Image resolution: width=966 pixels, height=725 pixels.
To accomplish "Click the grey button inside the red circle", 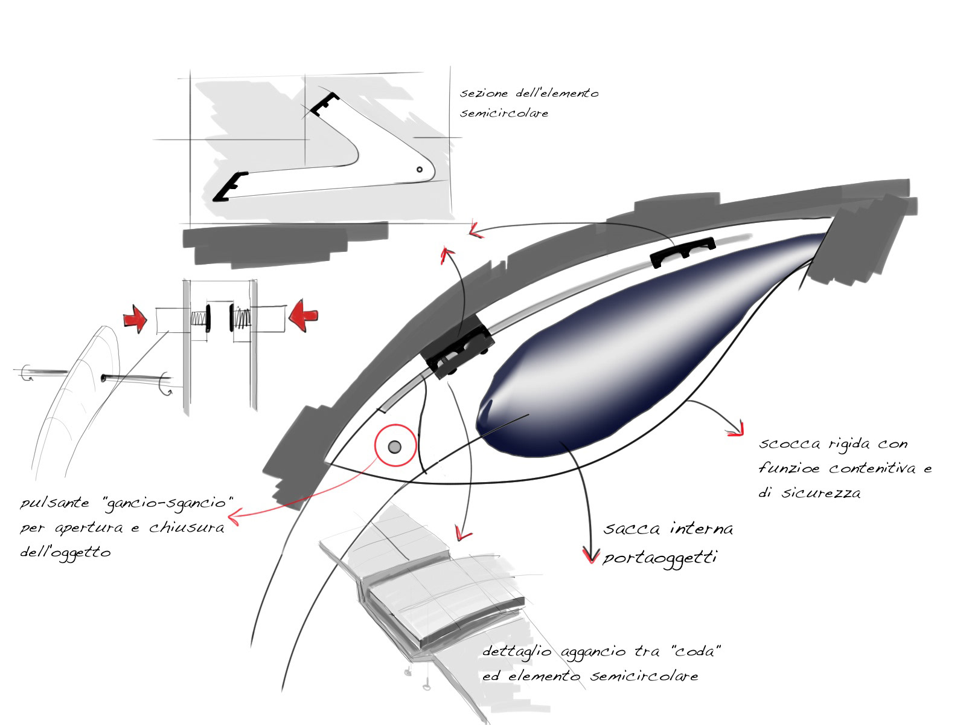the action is coord(395,446).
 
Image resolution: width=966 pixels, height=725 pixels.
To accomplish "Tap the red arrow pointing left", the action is coord(303,315).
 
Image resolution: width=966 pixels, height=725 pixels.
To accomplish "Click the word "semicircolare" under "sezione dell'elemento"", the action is coord(504,114).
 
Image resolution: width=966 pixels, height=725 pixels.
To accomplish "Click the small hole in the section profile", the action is coord(420,170).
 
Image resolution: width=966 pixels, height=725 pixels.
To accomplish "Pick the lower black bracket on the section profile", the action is coord(229,186).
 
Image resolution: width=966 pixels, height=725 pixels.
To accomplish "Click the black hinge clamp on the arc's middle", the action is coord(459,353).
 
